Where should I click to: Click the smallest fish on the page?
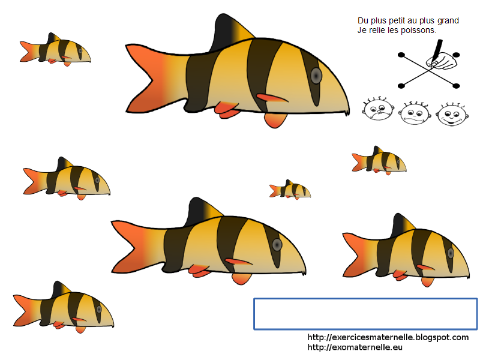tap(290, 190)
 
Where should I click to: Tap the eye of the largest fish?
tap(316, 76)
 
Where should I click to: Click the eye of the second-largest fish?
tap(277, 244)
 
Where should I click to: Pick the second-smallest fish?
tap(379, 160)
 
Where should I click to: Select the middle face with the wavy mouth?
tap(415, 112)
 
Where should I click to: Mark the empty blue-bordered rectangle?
tap(365, 313)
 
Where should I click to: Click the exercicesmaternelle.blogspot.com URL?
tap(388, 338)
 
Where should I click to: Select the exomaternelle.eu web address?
tap(355, 347)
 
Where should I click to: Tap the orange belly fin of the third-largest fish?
tap(427, 281)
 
